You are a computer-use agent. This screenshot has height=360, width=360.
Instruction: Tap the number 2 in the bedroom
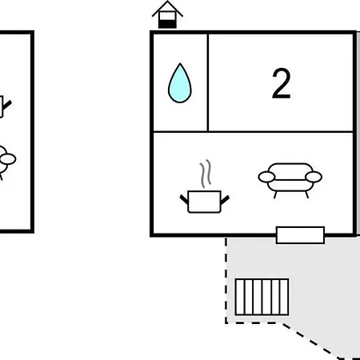click(x=281, y=83)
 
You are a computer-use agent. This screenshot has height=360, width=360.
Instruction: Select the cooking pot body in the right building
click(x=204, y=202)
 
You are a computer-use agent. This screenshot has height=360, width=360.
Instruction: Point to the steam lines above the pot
click(x=206, y=174)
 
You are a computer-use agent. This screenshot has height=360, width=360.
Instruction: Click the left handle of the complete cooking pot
click(x=184, y=199)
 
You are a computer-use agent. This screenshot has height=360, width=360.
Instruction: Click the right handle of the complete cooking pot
click(x=225, y=200)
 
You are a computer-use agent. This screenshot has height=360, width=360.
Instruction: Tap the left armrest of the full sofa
click(x=266, y=177)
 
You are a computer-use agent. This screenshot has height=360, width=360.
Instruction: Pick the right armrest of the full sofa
click(x=314, y=177)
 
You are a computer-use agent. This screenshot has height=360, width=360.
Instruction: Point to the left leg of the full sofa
click(x=275, y=194)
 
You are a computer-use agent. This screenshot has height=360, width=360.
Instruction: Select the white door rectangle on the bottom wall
click(x=300, y=235)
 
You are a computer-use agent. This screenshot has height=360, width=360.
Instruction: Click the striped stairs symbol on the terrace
click(x=262, y=297)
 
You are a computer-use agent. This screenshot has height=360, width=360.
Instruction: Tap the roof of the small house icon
click(x=167, y=10)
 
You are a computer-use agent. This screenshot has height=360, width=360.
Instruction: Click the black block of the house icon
click(x=167, y=24)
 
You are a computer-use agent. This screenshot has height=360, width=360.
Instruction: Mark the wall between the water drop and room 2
click(x=208, y=82)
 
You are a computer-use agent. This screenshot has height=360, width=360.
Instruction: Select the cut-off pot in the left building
click(x=4, y=106)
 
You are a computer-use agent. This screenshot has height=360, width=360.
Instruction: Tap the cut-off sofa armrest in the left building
click(x=7, y=159)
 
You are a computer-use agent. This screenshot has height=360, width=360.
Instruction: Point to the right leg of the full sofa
click(x=306, y=194)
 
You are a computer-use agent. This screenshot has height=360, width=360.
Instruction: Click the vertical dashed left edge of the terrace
click(x=226, y=281)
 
